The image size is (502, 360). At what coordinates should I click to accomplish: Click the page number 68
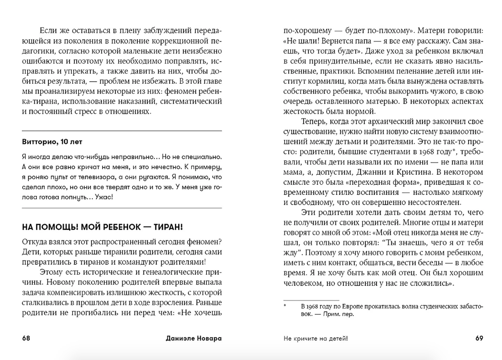click(26, 338)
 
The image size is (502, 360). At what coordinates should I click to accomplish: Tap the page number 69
click(479, 338)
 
